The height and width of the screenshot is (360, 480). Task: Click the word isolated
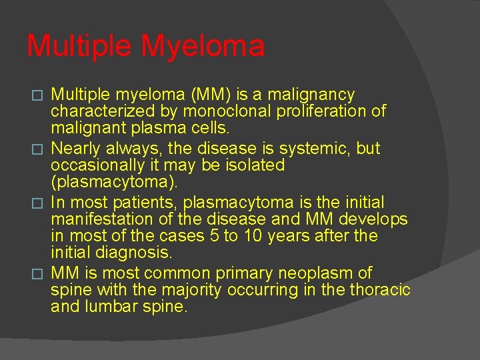click(254, 165)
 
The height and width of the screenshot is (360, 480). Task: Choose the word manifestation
click(97, 219)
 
